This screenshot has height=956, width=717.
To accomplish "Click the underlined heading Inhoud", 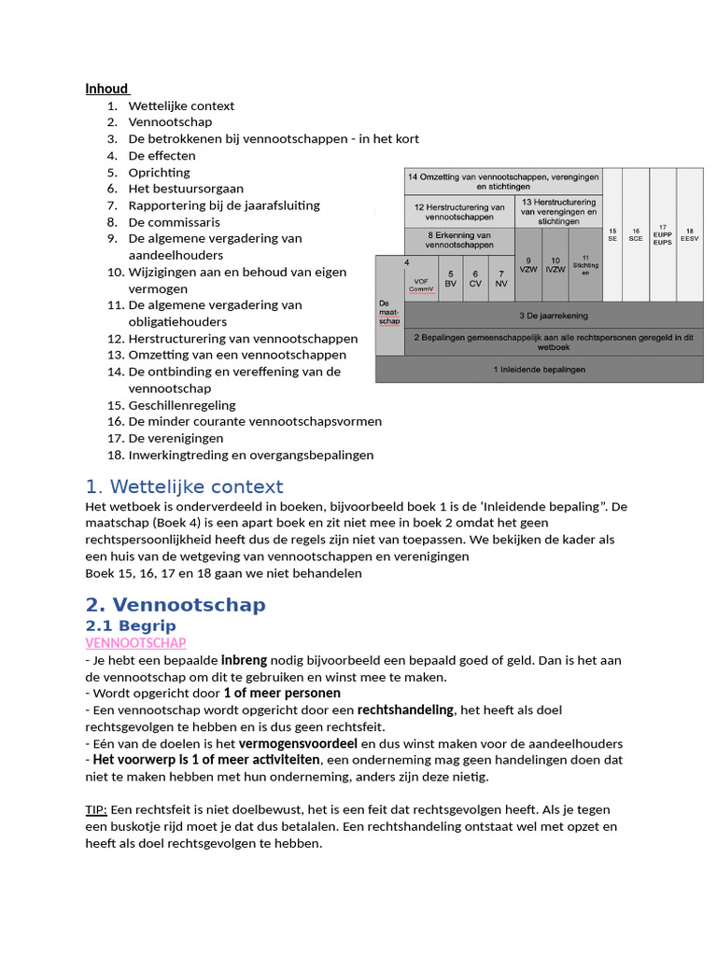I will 106,89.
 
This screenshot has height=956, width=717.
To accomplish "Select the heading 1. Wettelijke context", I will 184,486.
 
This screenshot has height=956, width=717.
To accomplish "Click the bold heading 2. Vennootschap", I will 176,604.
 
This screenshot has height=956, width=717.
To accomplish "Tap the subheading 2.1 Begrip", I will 131,626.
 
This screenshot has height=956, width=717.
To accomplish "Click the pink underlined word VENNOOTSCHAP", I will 135,643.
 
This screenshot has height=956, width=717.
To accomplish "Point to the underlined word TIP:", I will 96,809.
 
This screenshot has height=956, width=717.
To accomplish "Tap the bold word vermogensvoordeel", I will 298,744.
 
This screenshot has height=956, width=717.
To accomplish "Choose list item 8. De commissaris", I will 174,222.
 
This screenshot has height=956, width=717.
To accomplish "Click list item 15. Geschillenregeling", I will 181,405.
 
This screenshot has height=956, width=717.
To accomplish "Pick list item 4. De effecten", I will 162,156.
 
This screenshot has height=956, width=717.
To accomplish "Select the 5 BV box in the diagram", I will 450,278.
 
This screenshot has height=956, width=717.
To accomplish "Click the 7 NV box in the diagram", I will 500,278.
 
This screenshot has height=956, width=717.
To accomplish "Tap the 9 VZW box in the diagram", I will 528,266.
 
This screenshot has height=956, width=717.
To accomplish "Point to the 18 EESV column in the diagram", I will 689,234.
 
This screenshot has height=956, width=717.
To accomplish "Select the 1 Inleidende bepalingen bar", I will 539,370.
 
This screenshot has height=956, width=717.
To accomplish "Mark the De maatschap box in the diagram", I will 388,312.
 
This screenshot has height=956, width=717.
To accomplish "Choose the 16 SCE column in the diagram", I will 637,234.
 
